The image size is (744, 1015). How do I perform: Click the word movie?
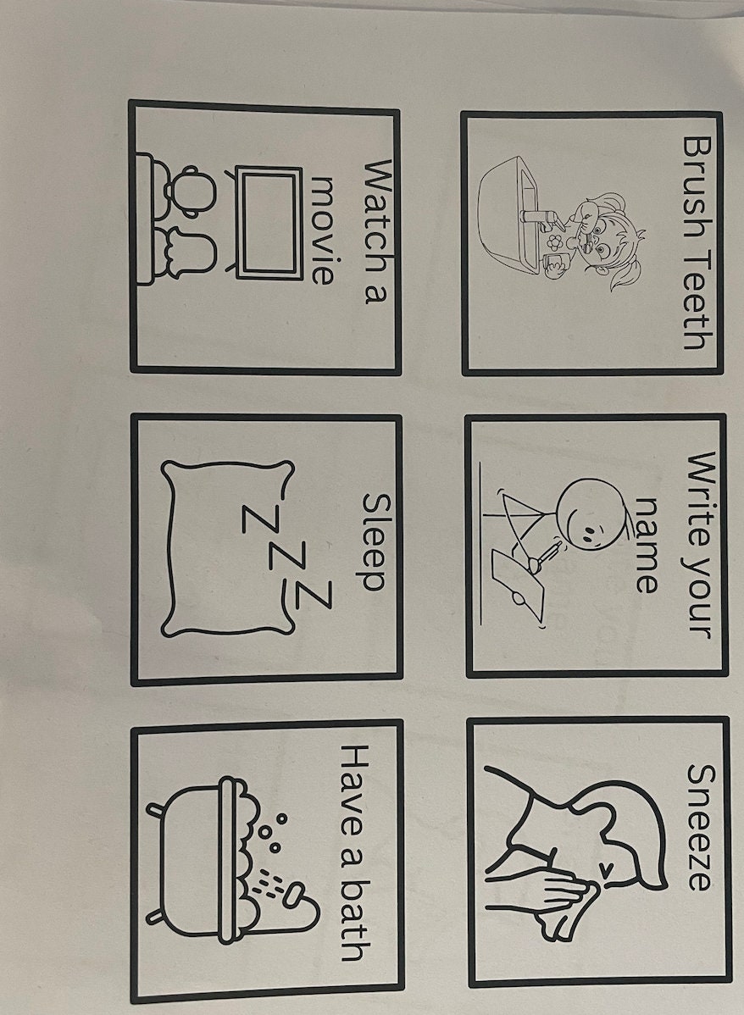[325, 229]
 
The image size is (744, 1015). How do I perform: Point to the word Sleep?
[375, 542]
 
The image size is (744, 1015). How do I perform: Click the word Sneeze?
[697, 827]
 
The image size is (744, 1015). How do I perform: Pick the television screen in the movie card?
[269, 222]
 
